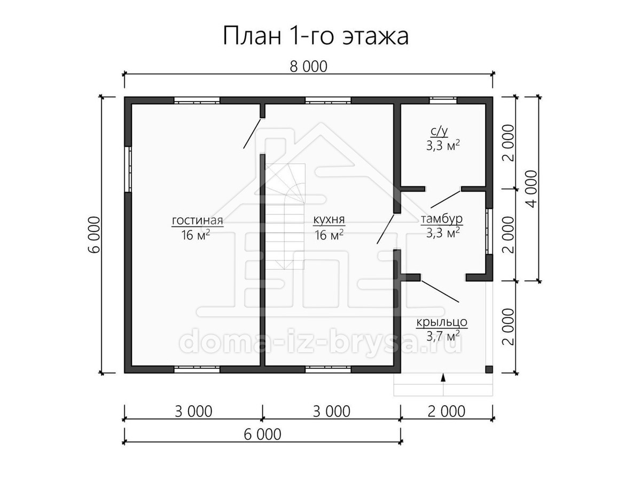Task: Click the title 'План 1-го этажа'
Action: click(315, 36)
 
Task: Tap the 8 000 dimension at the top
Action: click(308, 67)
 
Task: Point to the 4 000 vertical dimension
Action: click(533, 189)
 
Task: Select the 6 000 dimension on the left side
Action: click(96, 235)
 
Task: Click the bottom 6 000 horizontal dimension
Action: click(262, 435)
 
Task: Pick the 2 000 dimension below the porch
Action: click(446, 411)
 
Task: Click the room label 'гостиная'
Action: click(198, 220)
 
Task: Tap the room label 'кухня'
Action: click(329, 220)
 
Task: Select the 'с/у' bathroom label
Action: click(439, 132)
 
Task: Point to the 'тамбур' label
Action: click(442, 219)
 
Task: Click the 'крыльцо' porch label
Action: click(442, 322)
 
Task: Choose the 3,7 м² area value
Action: click(443, 337)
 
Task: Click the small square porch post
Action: click(489, 369)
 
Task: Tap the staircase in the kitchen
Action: click(284, 216)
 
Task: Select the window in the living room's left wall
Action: click(128, 169)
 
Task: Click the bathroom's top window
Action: click(443, 100)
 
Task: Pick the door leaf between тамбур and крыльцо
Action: click(440, 291)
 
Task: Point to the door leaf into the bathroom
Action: click(446, 199)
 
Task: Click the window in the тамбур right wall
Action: click(489, 231)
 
